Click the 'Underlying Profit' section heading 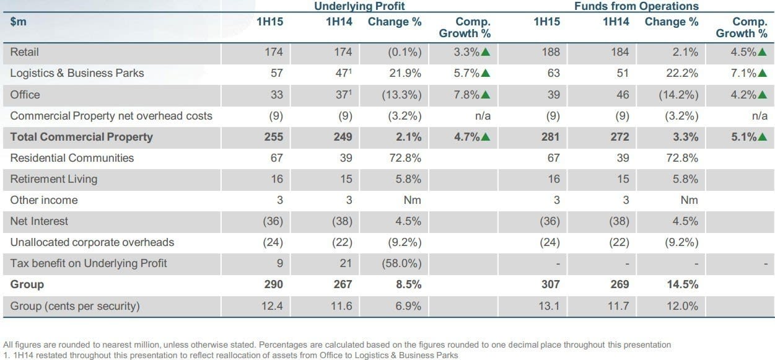click(x=359, y=6)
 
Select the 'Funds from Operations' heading click(x=636, y=6)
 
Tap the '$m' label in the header click(x=19, y=22)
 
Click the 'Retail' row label click(x=24, y=52)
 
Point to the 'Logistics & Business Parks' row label click(x=77, y=73)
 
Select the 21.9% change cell click(x=405, y=73)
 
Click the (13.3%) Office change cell click(x=401, y=95)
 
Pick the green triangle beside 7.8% click(x=486, y=95)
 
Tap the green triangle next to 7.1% click(x=762, y=73)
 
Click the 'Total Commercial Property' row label click(x=81, y=137)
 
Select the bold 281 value click(x=551, y=137)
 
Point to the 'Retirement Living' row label click(x=54, y=179)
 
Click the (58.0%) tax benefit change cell click(x=401, y=263)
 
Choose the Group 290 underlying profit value click(x=274, y=284)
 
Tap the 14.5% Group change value click(x=682, y=284)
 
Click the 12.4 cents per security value click(x=272, y=306)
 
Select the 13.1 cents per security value click(x=549, y=306)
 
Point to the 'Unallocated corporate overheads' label click(x=92, y=242)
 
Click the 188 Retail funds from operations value click(x=551, y=52)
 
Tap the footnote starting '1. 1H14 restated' click(x=231, y=355)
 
